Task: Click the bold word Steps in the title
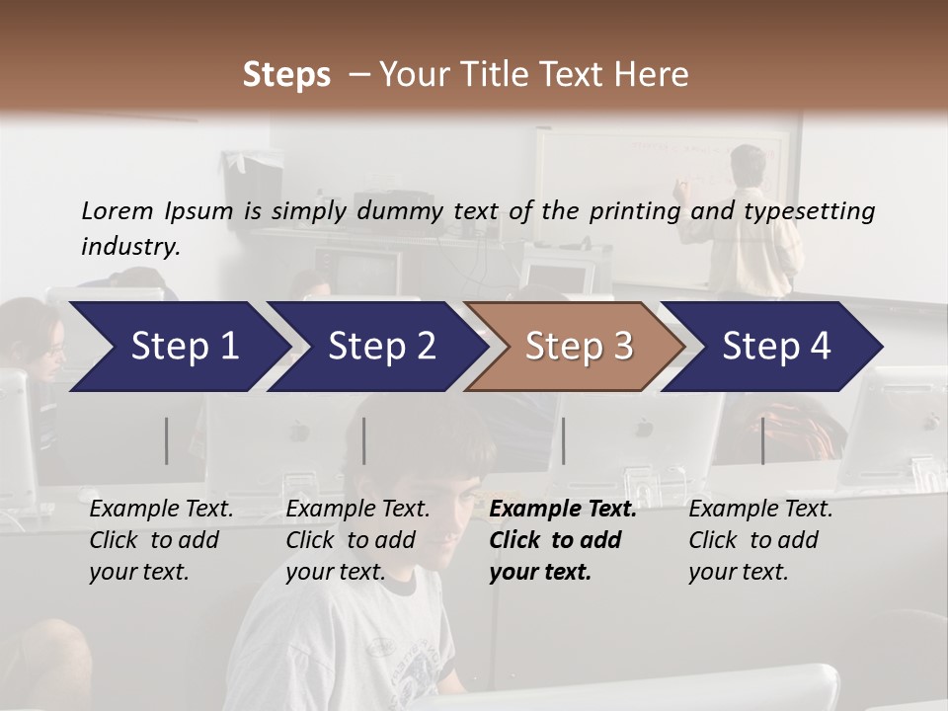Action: (x=286, y=75)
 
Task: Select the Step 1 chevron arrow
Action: (x=178, y=347)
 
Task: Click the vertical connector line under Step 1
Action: (x=167, y=440)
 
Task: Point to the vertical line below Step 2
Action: (x=364, y=440)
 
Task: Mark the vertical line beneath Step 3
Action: (x=563, y=440)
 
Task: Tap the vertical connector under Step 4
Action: (x=762, y=440)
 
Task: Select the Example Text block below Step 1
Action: (x=161, y=540)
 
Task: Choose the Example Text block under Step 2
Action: (x=357, y=540)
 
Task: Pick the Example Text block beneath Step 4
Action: (x=760, y=540)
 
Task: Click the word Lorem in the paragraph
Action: (x=118, y=210)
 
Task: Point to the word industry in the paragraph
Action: (x=130, y=247)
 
